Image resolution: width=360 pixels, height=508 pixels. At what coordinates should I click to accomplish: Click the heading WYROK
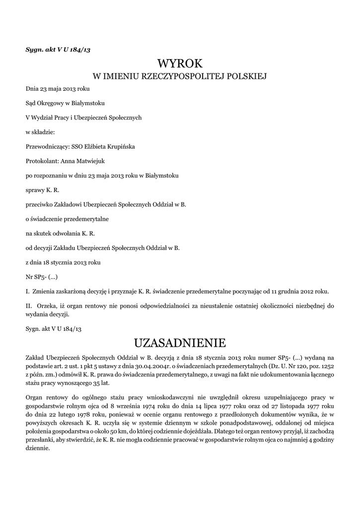point(180,63)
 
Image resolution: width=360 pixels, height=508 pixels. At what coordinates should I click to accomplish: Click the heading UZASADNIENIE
point(180,343)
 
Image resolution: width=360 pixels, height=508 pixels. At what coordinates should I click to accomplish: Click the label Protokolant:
point(42,161)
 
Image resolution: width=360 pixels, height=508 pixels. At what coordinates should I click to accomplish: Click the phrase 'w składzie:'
point(40,132)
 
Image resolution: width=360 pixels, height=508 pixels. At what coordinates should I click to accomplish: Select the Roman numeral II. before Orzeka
point(29,305)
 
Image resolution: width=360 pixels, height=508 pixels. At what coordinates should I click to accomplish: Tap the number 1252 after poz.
point(326,366)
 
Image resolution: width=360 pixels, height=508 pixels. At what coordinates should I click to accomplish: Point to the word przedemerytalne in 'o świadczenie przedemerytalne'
point(86,218)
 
